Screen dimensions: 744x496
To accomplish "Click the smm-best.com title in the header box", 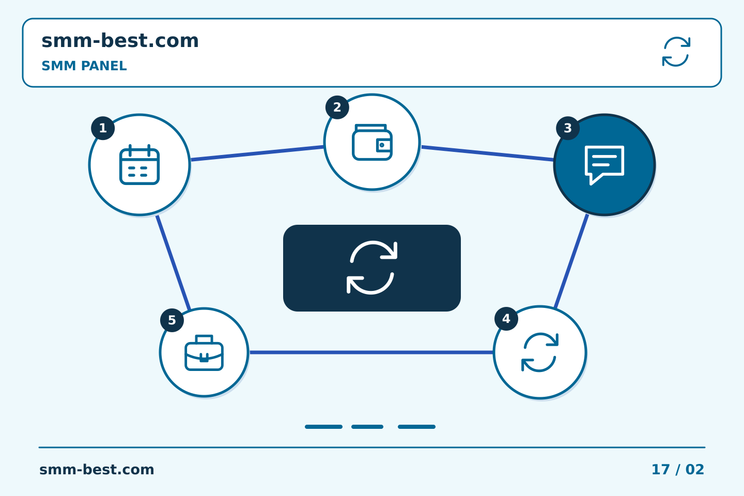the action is coord(120,40).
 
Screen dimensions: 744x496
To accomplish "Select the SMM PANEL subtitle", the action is coord(84,66).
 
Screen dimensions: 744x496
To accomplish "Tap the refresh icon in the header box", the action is coord(676,52).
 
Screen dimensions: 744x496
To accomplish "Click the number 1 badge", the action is coord(103,128).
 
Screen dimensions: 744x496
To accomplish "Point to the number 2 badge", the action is coord(337,107).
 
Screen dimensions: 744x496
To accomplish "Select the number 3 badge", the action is coord(568,128).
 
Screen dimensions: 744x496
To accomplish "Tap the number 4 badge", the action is coord(506,319).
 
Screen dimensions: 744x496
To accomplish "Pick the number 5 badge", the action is coord(172,320).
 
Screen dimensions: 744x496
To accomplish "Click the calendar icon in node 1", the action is coord(139,164).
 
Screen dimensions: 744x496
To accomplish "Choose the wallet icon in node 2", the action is coord(372,142).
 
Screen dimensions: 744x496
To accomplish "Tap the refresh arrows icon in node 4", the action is coord(540,352).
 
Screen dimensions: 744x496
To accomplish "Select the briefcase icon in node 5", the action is coord(204,352).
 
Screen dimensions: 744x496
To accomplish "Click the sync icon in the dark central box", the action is coord(372,268).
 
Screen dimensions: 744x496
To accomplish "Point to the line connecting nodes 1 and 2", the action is coord(257,153).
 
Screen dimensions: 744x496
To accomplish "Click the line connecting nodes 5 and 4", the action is coord(371,352).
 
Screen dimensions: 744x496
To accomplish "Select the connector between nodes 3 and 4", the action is coord(571,261).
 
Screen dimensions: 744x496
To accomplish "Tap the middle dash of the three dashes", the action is coord(367,427).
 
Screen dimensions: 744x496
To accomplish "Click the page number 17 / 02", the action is coord(677,470).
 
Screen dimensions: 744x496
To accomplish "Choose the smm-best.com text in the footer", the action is coord(97,470).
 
